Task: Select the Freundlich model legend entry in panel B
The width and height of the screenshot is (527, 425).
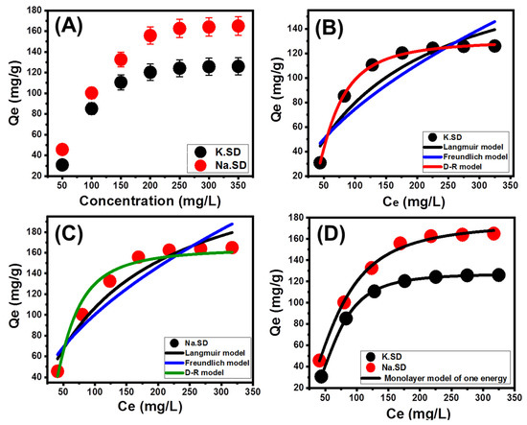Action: coord(467,154)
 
